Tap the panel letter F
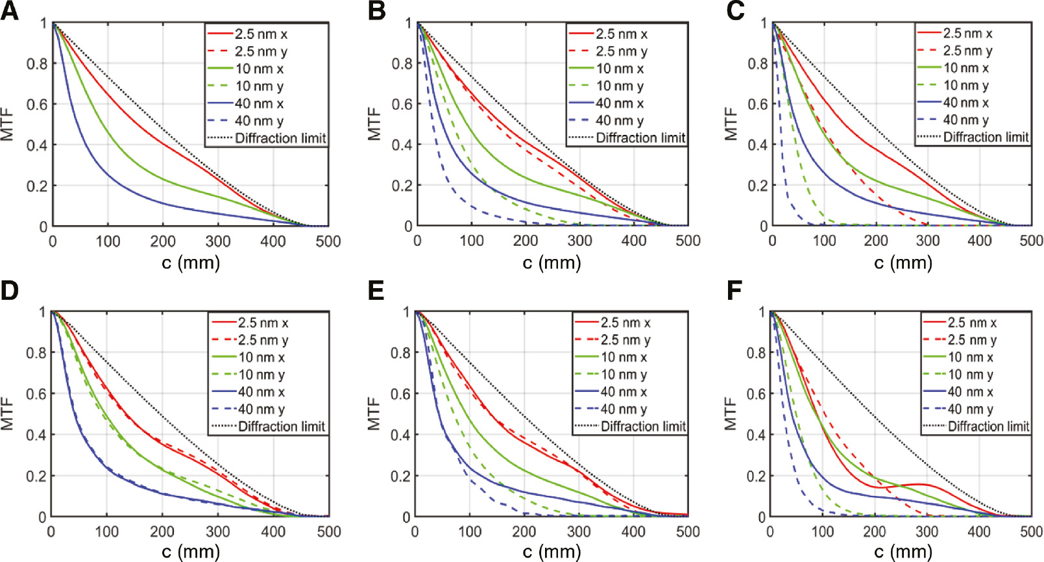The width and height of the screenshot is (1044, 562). (x=734, y=290)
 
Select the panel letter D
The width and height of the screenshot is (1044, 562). (x=10, y=290)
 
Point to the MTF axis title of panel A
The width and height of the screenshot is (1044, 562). (x=8, y=125)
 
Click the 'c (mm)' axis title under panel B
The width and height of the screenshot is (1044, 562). (x=552, y=263)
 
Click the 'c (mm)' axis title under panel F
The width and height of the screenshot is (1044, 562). (x=903, y=552)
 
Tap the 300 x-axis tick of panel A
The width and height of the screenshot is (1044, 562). (x=218, y=241)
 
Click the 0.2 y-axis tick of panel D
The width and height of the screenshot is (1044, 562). (x=36, y=476)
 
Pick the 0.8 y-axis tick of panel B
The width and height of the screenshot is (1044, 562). (x=402, y=64)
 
